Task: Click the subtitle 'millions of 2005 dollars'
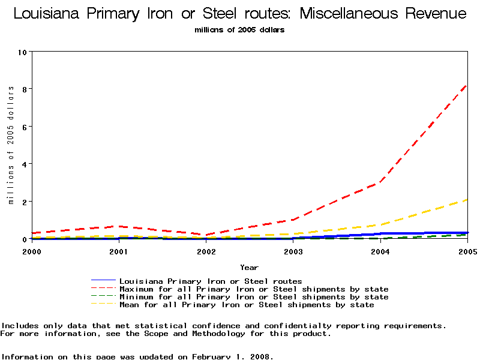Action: pyautogui.click(x=240, y=29)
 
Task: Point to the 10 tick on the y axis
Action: pyautogui.click(x=23, y=52)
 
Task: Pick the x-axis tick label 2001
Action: pyautogui.click(x=119, y=252)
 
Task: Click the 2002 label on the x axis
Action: pyautogui.click(x=206, y=252)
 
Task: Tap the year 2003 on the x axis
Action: pyautogui.click(x=293, y=252)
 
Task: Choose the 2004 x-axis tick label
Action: pyautogui.click(x=380, y=252)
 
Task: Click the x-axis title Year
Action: pyautogui.click(x=249, y=268)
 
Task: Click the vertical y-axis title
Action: pyautogui.click(x=10, y=145)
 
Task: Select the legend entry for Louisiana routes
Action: pyautogui.click(x=211, y=281)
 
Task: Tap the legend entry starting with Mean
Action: pyautogui.click(x=247, y=305)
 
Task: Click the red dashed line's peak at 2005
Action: pyautogui.click(x=466, y=85)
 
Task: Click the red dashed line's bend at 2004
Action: pyautogui.click(x=380, y=182)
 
